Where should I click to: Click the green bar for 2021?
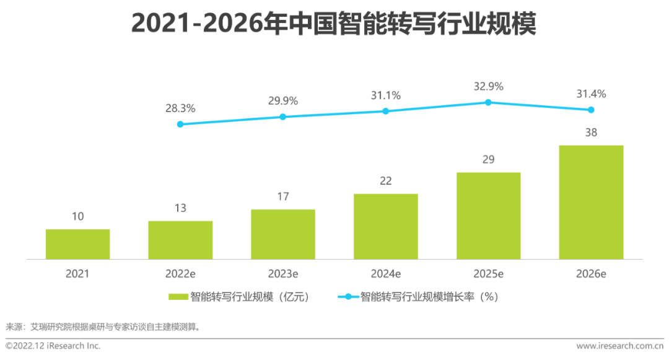[77, 244]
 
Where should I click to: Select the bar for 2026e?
[591, 202]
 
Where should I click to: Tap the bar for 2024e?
[385, 226]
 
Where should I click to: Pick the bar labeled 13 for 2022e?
[180, 240]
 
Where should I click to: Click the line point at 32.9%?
[488, 102]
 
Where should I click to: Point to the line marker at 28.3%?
[180, 124]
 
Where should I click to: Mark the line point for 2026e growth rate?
[591, 110]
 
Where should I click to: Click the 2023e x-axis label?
[283, 273]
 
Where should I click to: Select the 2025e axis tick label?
[488, 273]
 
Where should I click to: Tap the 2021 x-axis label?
[77, 273]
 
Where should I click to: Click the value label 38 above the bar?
[591, 132]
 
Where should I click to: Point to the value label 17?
[283, 196]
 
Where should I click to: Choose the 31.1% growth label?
[385, 95]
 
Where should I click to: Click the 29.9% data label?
[283, 101]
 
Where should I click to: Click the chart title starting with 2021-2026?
[334, 25]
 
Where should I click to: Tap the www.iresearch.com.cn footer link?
[619, 346]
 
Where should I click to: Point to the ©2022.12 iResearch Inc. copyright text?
[53, 346]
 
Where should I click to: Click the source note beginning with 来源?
[103, 327]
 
